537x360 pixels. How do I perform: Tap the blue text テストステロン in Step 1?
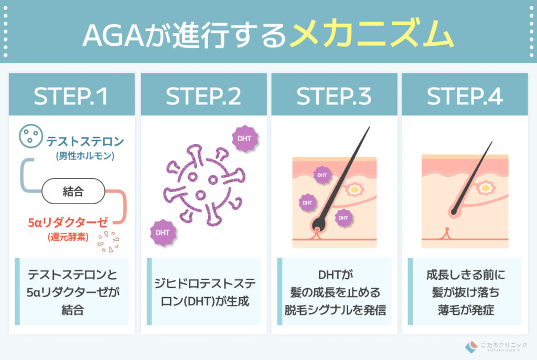[85, 141]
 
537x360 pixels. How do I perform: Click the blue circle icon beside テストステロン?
[29, 137]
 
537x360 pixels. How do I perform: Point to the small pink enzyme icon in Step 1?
[109, 241]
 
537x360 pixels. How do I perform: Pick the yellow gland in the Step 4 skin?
[486, 187]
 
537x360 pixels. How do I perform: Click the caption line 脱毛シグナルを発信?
[334, 310]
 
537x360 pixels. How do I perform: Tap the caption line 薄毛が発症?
[465, 310]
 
